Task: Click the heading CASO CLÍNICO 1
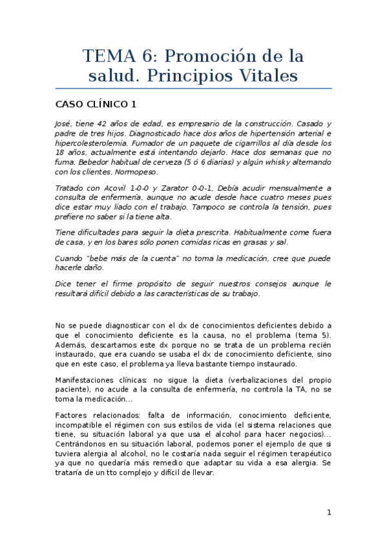96,104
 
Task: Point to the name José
63,123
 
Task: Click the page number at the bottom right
329,512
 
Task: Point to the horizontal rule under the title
193,89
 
